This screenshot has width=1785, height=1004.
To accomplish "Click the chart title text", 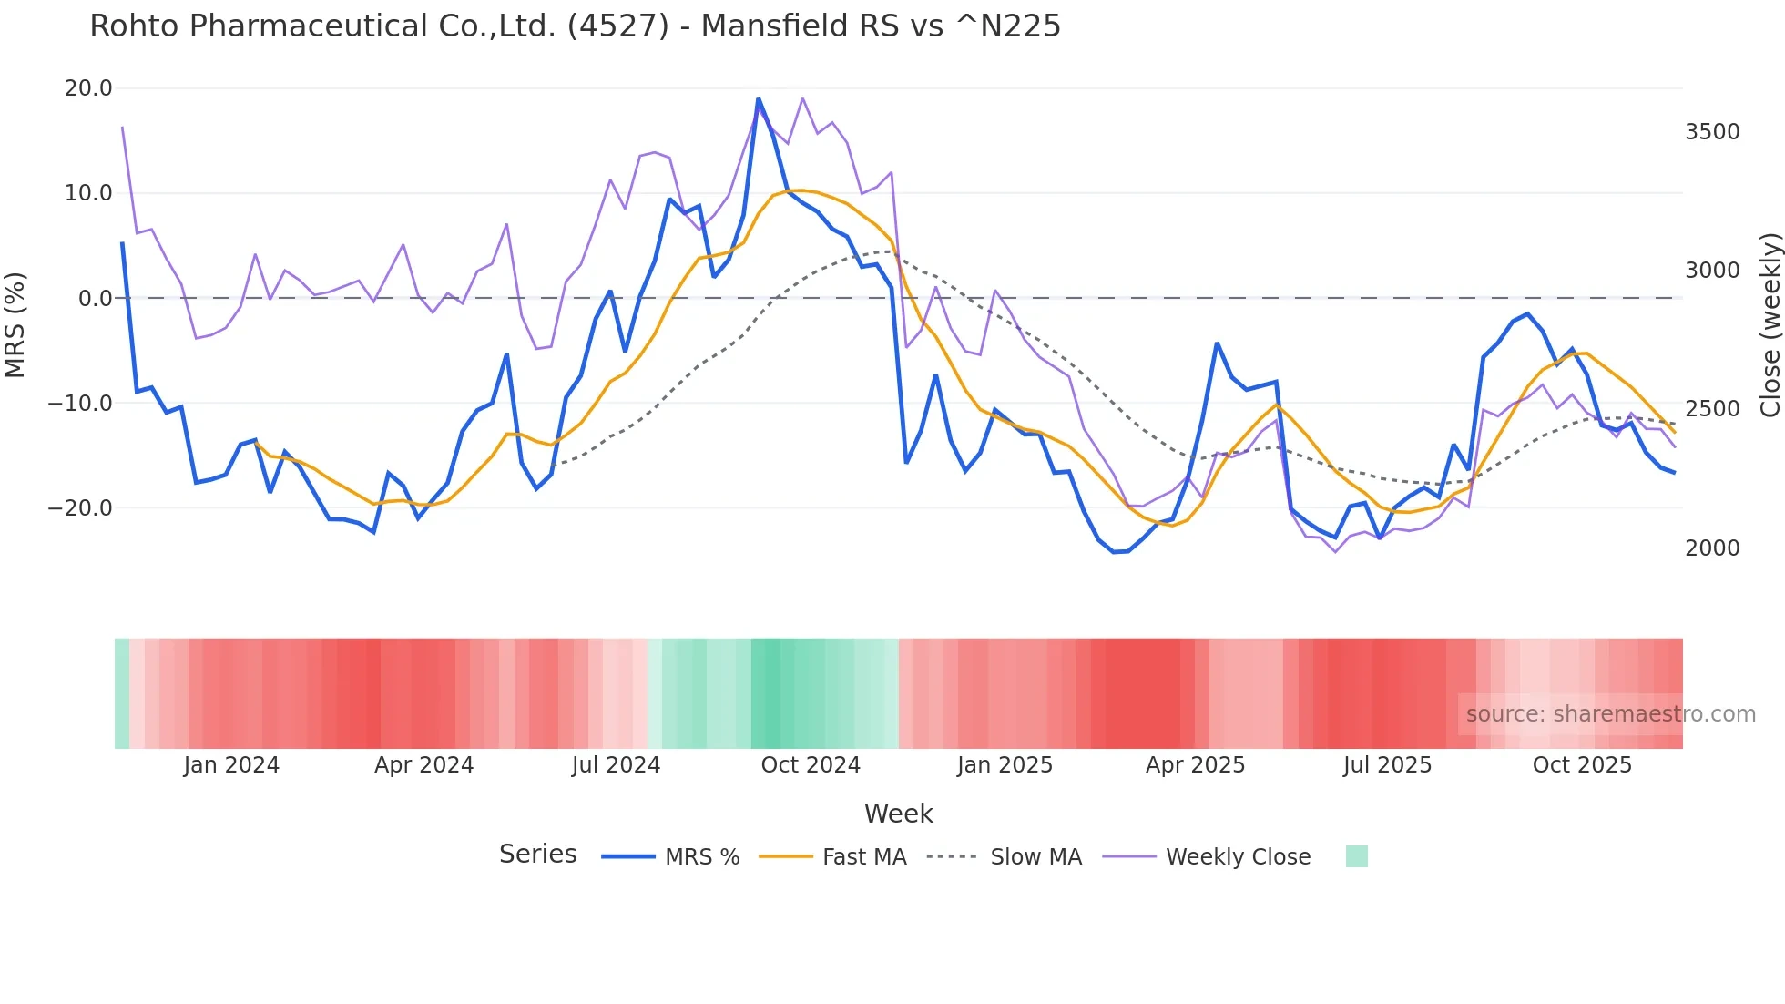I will pos(575,26).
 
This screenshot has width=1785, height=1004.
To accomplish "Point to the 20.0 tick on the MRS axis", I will pos(88,88).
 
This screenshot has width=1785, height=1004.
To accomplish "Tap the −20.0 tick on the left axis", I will pos(80,508).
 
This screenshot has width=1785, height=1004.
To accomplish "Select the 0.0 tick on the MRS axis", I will pos(95,299).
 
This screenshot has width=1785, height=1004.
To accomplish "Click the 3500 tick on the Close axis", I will pos(1712,132).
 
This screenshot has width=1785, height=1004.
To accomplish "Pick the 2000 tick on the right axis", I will pos(1712,548).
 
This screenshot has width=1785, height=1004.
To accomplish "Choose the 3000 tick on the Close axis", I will pos(1712,271).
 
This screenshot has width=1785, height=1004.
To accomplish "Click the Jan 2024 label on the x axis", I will pos(231,765).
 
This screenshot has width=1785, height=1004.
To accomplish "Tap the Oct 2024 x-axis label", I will pos(811,765).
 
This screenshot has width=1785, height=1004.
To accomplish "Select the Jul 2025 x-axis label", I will pos(1387,765).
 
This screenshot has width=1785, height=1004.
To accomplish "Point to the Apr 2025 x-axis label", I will pos(1195,765).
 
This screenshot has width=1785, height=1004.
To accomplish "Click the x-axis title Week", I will pos(898,814).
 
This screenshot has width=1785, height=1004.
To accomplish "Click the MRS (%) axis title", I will pos(15,324).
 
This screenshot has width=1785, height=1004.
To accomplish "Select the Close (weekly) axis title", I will pos(1770,325).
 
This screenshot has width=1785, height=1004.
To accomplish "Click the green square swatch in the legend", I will pos(1356,856).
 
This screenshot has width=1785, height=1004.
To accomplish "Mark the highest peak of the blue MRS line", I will pos(758,98).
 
